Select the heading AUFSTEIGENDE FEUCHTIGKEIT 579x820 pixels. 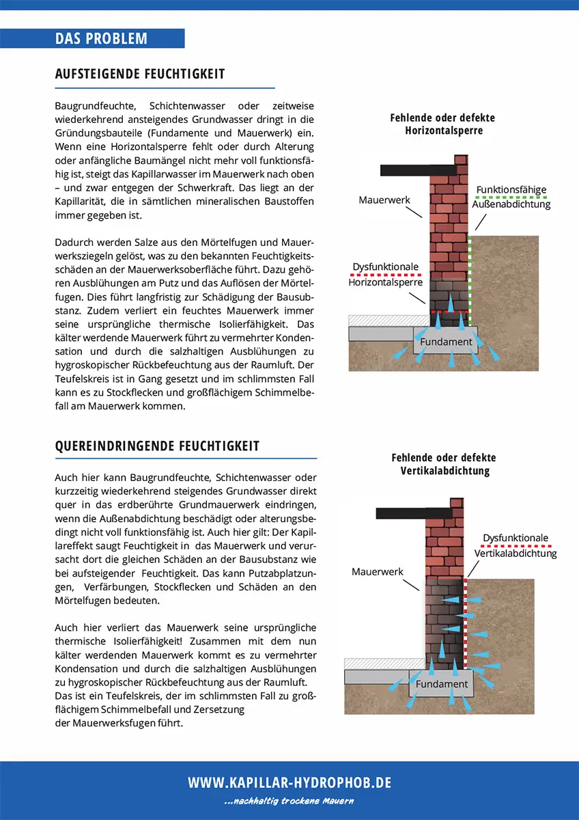pos(140,74)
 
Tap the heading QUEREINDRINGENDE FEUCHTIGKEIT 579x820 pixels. pos(157,446)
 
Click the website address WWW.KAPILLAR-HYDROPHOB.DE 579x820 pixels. pos(289,783)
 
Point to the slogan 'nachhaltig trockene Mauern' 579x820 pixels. pos(289,801)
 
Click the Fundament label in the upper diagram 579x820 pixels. pos(446,342)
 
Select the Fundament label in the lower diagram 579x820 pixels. pos(442,684)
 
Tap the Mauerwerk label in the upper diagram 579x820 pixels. pos(384,200)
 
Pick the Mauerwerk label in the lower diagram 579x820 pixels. pos(378,571)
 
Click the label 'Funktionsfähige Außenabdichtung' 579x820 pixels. pos(511,197)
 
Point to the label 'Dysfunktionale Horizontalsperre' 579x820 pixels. pos(386,274)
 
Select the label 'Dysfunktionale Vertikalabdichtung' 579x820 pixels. pos(516,545)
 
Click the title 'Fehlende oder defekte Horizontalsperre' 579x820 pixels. pos(442,124)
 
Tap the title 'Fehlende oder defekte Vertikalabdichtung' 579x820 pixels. pos(444,464)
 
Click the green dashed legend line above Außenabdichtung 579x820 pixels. pos(511,197)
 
